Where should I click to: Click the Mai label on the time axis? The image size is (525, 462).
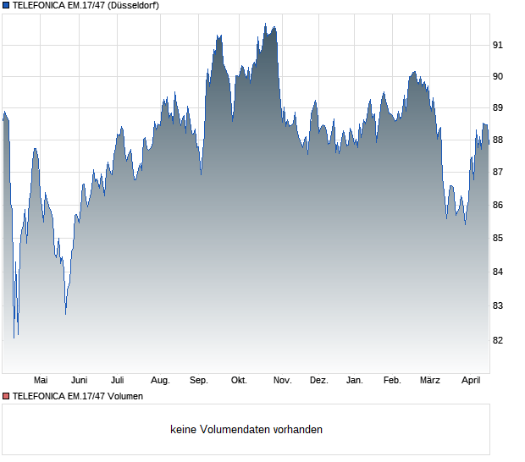click(41, 381)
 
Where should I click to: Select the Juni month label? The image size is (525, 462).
click(80, 381)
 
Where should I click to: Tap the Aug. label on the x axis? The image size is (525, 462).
click(160, 381)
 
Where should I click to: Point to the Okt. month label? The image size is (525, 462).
click(239, 381)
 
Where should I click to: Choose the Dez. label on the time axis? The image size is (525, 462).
click(318, 381)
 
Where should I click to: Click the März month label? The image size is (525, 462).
click(430, 381)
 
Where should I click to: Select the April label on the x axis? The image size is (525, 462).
click(471, 381)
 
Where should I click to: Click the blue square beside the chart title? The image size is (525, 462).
click(6, 5)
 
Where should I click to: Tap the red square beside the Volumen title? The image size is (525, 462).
click(6, 396)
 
